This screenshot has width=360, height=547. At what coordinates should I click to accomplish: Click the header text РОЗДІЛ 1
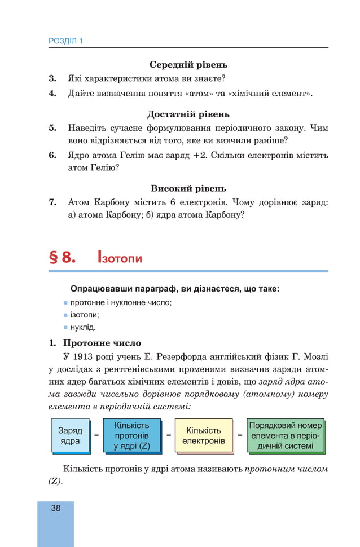pos(65,41)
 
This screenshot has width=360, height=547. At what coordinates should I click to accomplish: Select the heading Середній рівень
pos(188,65)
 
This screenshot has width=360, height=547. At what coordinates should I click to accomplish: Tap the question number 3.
pos(52,78)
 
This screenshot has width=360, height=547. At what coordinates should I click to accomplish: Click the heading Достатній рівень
pos(188,114)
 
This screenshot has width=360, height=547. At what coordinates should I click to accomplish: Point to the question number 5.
pos(52,128)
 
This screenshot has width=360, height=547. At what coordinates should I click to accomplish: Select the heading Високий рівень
pos(188,188)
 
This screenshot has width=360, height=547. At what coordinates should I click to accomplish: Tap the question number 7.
pos(52,202)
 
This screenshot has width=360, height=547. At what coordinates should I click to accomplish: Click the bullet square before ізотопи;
pos(65,315)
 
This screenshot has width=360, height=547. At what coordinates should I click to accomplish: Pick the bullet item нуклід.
pos(82,327)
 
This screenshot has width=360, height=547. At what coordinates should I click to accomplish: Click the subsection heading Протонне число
pos(102,343)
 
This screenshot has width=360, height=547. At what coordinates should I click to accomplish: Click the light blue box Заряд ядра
pos(71,435)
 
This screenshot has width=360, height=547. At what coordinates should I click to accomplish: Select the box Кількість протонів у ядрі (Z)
pos(131,435)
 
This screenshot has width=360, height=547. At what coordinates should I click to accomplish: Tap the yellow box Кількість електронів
pos(204,435)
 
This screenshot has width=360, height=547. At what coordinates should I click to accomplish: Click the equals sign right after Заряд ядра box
pos(96,435)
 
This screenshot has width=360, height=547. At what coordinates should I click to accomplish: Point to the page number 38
pos(55,509)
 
